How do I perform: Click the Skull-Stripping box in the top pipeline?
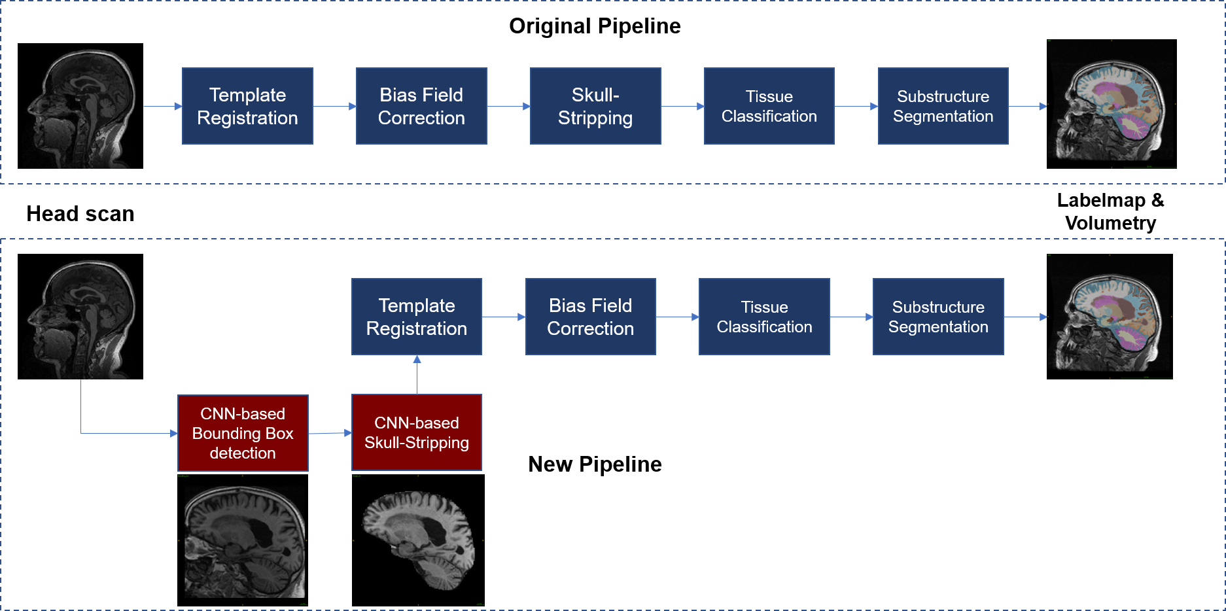click(x=595, y=106)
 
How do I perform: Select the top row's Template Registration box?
click(x=247, y=106)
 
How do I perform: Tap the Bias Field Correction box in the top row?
click(x=421, y=106)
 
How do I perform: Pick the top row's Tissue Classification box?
click(x=769, y=106)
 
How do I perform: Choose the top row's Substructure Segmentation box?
click(x=943, y=106)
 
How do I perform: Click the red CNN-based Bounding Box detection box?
click(x=243, y=433)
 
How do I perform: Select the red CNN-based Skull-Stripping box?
click(x=417, y=432)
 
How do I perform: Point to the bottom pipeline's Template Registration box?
click(x=417, y=317)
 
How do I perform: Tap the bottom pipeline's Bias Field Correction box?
click(x=590, y=317)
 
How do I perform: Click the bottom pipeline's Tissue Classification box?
click(x=764, y=317)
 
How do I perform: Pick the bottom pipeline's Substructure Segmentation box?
click(x=938, y=317)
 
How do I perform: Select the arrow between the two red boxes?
click(x=330, y=433)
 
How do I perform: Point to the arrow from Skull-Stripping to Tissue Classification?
click(x=682, y=106)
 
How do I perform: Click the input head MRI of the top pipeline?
click(x=81, y=109)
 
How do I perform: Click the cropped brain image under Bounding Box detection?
click(x=245, y=542)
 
